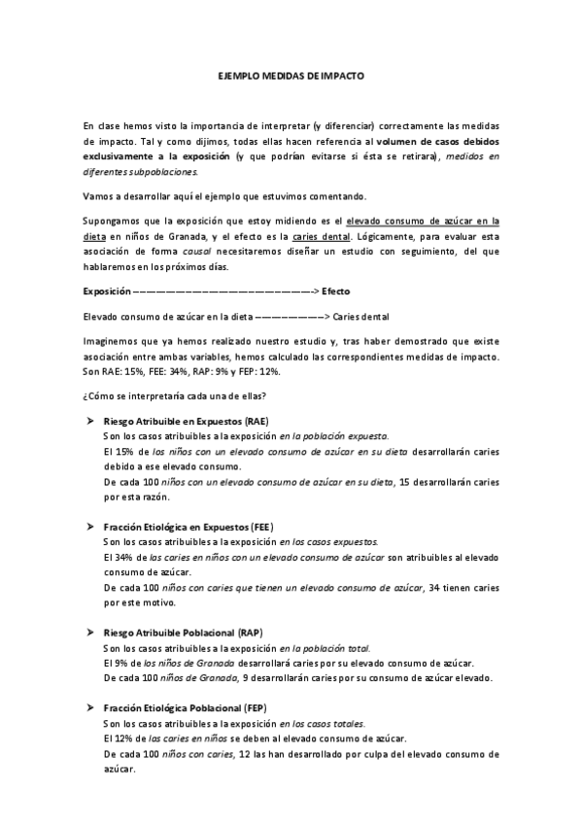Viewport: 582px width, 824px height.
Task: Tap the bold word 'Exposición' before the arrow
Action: (x=106, y=291)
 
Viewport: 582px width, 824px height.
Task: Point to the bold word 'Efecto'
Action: (x=335, y=291)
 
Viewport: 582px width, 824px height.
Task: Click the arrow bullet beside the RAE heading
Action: (x=88, y=421)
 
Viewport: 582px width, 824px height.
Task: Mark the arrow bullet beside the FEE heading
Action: (x=88, y=525)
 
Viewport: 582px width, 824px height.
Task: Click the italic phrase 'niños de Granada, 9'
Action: (x=203, y=676)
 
